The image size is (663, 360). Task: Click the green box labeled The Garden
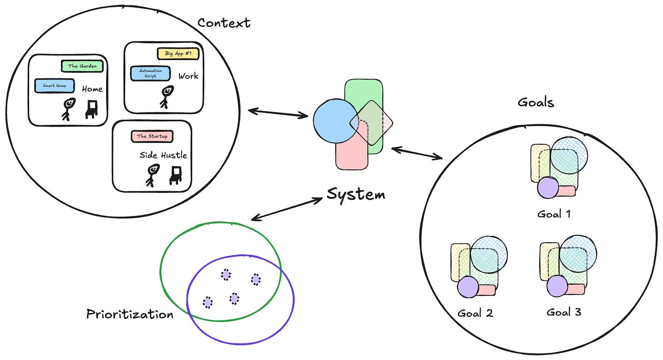[82, 66]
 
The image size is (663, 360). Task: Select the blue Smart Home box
[55, 86]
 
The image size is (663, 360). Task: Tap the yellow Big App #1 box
[178, 54]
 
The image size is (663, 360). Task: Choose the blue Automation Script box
[150, 74]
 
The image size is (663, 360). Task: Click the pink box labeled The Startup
[152, 136]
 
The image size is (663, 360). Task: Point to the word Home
[92, 89]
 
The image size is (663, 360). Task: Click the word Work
[188, 76]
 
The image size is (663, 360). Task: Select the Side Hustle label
[163, 155]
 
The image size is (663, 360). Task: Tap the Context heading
[224, 23]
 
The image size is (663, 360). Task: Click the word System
[356, 195]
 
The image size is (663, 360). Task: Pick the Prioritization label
[130, 314]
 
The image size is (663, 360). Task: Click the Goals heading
[535, 102]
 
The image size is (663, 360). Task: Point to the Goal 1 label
[554, 214]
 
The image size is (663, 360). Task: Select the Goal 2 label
[475, 313]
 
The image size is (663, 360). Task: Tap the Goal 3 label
[564, 312]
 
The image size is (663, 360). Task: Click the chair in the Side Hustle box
[175, 175]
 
